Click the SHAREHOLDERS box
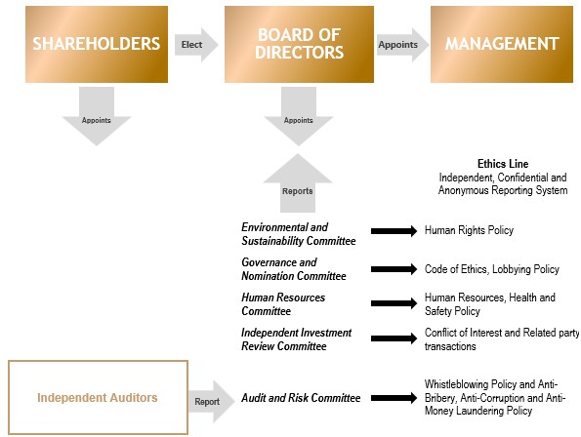[x=97, y=44]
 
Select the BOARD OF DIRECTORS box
[x=299, y=44]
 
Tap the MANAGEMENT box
[x=502, y=44]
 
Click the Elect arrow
[x=196, y=45]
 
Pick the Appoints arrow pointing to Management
[x=402, y=45]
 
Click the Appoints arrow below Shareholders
[x=97, y=116]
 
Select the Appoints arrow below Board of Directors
[x=299, y=116]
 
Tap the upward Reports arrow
[x=298, y=183]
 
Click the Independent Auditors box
[x=98, y=397]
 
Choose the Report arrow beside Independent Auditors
[x=212, y=401]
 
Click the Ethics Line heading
[x=503, y=164]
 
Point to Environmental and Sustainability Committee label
[x=298, y=234]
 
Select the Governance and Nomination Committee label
[x=294, y=269]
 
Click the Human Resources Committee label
[x=283, y=304]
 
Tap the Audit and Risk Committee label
[x=301, y=398]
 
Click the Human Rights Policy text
[x=469, y=230]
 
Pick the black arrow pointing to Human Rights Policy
[x=394, y=231]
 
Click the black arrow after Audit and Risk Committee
[x=394, y=398]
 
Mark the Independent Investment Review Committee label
[x=296, y=339]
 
